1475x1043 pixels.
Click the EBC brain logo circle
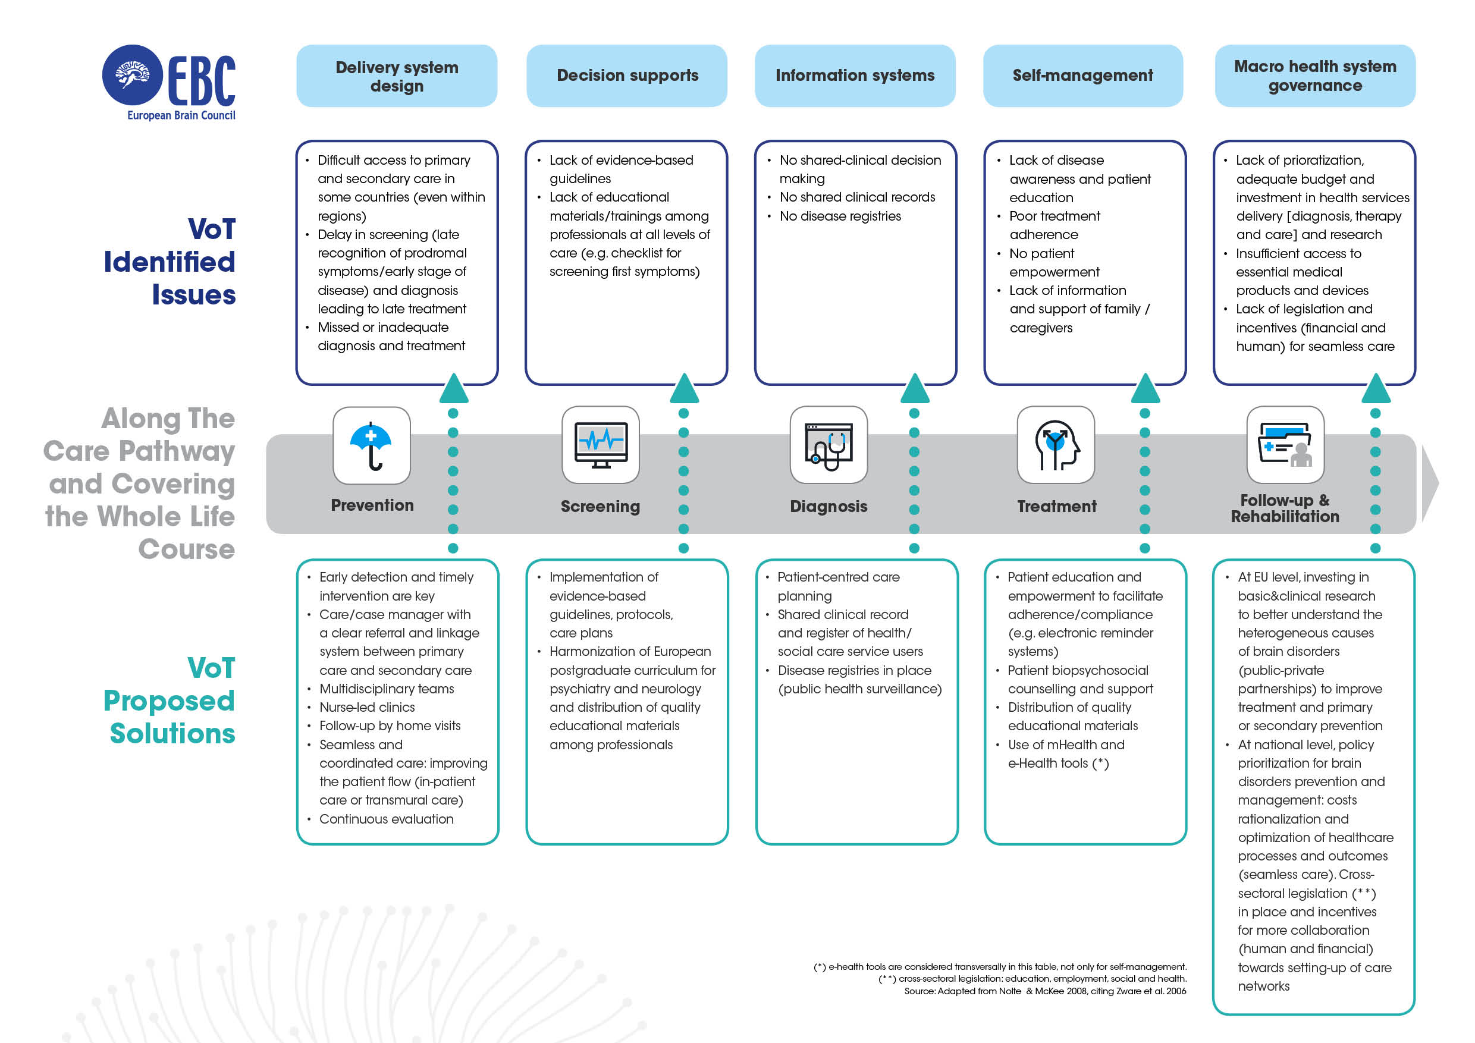click(x=133, y=74)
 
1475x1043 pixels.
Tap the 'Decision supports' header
click(x=627, y=76)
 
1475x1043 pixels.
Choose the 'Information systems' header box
click(x=855, y=76)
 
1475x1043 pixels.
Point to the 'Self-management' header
click(x=1082, y=76)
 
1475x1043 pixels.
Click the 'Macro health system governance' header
click(x=1314, y=76)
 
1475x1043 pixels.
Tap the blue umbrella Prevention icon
click(x=371, y=445)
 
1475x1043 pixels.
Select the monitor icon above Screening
click(x=600, y=445)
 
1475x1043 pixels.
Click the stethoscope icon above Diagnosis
click(x=828, y=445)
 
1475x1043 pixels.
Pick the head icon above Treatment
click(x=1056, y=445)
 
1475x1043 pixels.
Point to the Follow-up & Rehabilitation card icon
click(x=1285, y=445)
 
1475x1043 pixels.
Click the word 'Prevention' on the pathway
click(x=372, y=505)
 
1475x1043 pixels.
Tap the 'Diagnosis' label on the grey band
click(x=828, y=506)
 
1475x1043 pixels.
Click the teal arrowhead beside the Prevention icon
click(x=454, y=388)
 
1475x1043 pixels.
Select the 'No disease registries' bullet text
click(x=840, y=216)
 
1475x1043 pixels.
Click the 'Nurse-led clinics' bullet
click(x=367, y=707)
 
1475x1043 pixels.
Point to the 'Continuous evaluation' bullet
click(x=386, y=819)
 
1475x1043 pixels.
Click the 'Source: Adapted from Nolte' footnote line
click(x=1044, y=991)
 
